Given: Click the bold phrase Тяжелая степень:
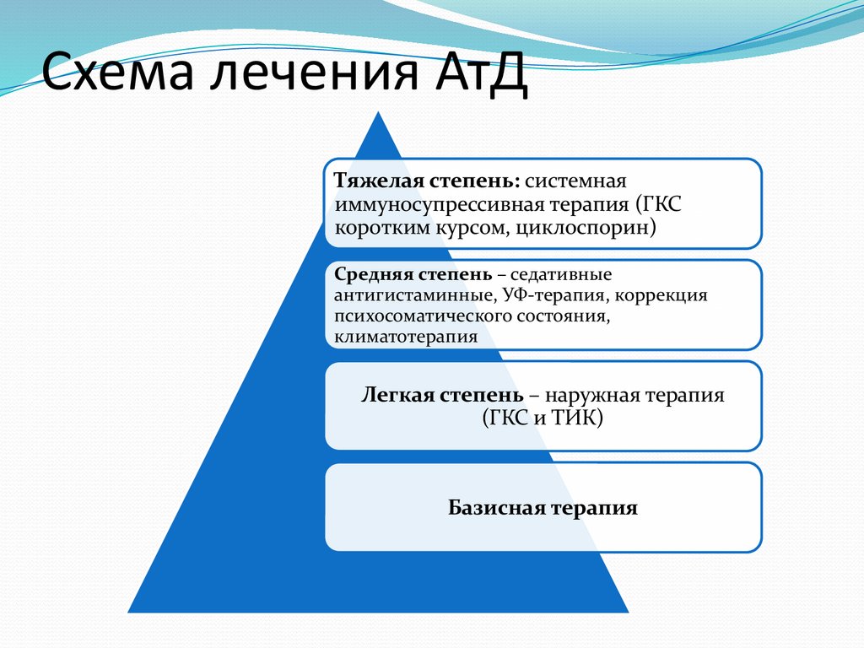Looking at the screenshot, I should pos(427,181).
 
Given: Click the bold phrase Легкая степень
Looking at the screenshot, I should pos(439,395).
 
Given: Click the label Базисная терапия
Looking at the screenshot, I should pos(543,508).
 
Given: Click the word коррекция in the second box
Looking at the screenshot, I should pos(669,296).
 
